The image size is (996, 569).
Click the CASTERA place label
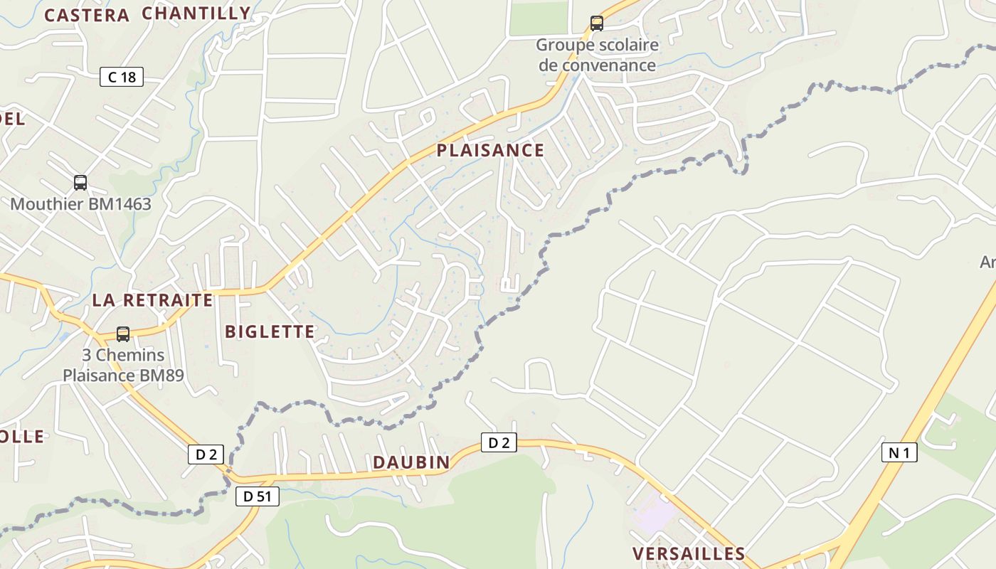87,16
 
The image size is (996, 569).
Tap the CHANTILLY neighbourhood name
196,13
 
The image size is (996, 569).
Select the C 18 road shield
122,77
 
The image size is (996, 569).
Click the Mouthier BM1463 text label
80,204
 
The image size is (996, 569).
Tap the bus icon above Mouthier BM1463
80,183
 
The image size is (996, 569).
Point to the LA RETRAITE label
152,300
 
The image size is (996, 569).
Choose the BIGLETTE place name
270,331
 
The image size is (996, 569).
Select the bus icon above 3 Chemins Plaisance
123,334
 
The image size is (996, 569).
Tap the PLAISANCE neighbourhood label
490,150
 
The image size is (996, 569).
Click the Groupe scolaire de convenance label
597,55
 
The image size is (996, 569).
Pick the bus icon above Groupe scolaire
597,23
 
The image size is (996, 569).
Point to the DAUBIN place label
411,462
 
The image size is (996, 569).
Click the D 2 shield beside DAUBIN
499,442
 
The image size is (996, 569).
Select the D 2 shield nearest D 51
206,454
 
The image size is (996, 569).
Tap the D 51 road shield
258,496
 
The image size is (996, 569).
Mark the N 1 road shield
899,452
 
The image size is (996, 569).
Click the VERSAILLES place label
689,553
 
